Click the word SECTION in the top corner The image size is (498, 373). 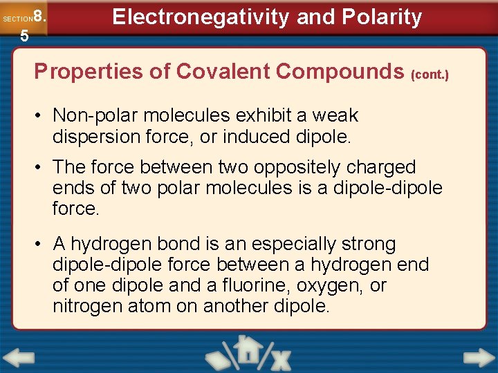(17, 19)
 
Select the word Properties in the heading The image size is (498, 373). (82, 71)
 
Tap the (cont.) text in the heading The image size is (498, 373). (430, 73)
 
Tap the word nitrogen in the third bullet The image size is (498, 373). (88, 306)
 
